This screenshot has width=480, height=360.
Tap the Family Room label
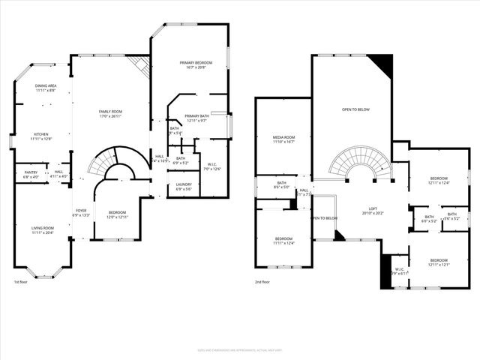(110, 113)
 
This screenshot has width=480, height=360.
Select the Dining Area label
(46, 88)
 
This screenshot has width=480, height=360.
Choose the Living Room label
(43, 230)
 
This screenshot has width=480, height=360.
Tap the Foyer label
(81, 213)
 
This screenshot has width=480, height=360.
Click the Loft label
(372, 211)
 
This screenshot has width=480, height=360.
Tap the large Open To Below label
(355, 109)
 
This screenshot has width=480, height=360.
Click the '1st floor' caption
(20, 282)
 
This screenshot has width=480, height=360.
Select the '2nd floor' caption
(262, 282)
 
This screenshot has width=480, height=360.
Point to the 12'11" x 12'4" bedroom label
(439, 181)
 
